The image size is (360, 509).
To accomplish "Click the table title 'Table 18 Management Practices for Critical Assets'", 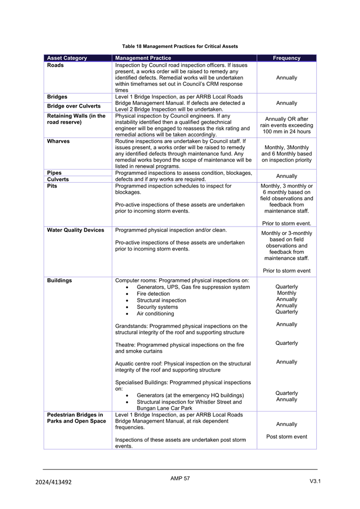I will click(180, 46).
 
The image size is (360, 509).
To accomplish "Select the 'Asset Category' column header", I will click(67, 58).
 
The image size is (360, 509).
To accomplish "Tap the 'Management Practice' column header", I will click(143, 58).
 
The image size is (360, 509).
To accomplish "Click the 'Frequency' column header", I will click(286, 58).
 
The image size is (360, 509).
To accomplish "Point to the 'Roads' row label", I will click(55, 65).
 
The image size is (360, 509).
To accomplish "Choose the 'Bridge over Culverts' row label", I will click(74, 106).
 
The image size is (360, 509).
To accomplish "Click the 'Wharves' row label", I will click(59, 141).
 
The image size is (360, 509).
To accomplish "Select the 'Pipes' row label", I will click(55, 173).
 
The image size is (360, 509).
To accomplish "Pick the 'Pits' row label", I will click(53, 186).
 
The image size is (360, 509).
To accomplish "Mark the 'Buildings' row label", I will click(60, 280).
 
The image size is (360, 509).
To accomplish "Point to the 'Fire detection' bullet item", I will click(153, 294).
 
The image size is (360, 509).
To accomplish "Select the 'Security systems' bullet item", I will click(157, 307).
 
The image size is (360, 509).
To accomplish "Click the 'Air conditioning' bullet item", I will click(155, 313).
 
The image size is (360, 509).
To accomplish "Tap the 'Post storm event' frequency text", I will click(286, 437).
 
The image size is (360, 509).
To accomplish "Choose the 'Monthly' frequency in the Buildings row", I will click(286, 293).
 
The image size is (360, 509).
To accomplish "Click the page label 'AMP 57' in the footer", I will click(180, 479).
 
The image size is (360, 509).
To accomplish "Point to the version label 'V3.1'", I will click(315, 482).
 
